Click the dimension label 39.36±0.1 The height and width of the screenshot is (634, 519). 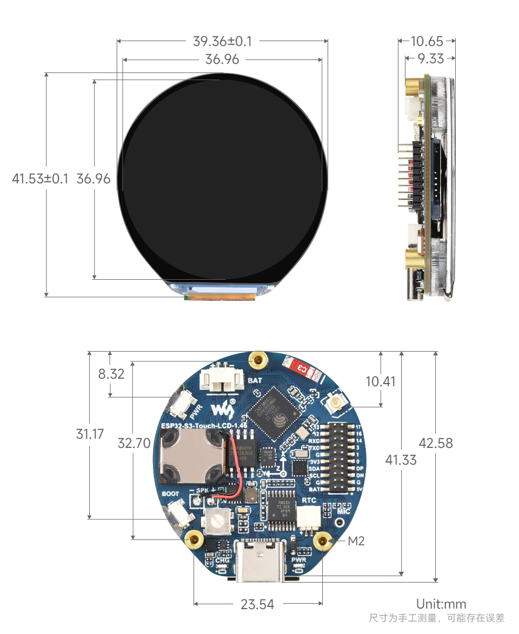click(x=222, y=41)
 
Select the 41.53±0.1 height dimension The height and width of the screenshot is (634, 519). click(x=40, y=179)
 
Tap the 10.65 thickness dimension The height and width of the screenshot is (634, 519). click(x=427, y=41)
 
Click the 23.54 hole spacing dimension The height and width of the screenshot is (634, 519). click(x=257, y=604)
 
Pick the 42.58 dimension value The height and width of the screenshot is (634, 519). click(x=436, y=443)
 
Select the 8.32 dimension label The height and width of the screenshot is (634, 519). click(x=111, y=374)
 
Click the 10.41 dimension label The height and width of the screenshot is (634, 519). click(x=381, y=381)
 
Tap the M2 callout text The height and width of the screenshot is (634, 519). click(x=356, y=540)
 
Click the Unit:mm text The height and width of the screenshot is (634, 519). click(x=441, y=604)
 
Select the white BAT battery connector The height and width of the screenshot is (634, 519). click(x=221, y=378)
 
